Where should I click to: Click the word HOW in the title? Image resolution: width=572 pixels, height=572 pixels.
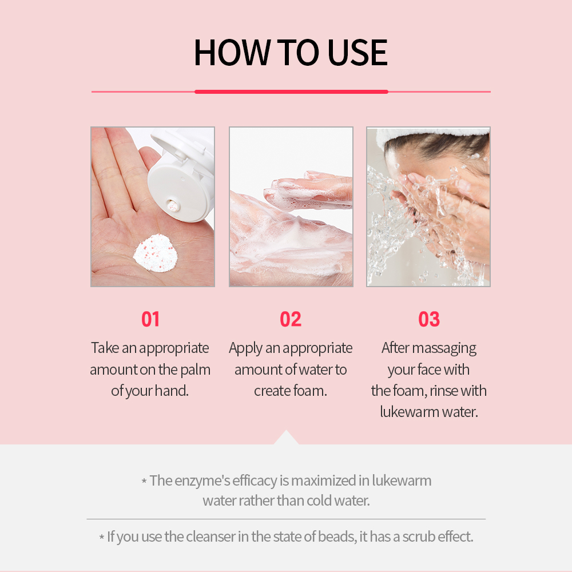(x=232, y=53)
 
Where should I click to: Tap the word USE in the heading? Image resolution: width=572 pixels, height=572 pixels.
(x=357, y=53)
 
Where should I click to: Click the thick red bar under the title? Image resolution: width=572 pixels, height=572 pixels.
(x=291, y=92)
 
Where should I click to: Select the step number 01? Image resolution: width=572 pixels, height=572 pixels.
(x=150, y=319)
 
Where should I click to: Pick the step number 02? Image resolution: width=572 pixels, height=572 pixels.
(x=291, y=319)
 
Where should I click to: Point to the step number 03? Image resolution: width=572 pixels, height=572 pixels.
(x=429, y=319)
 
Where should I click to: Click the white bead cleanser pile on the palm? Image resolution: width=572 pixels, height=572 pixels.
(x=156, y=253)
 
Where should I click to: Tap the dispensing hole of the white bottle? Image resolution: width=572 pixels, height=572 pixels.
(x=173, y=206)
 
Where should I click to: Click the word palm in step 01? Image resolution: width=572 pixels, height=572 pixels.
(x=196, y=370)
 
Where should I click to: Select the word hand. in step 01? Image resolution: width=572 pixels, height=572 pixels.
(x=172, y=391)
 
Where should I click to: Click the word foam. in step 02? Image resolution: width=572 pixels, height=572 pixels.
(x=310, y=391)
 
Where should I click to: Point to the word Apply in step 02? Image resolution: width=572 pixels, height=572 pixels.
(x=245, y=348)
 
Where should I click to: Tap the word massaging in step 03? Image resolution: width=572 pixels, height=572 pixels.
(x=444, y=348)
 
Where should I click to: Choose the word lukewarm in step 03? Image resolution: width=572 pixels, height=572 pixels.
(x=410, y=412)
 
